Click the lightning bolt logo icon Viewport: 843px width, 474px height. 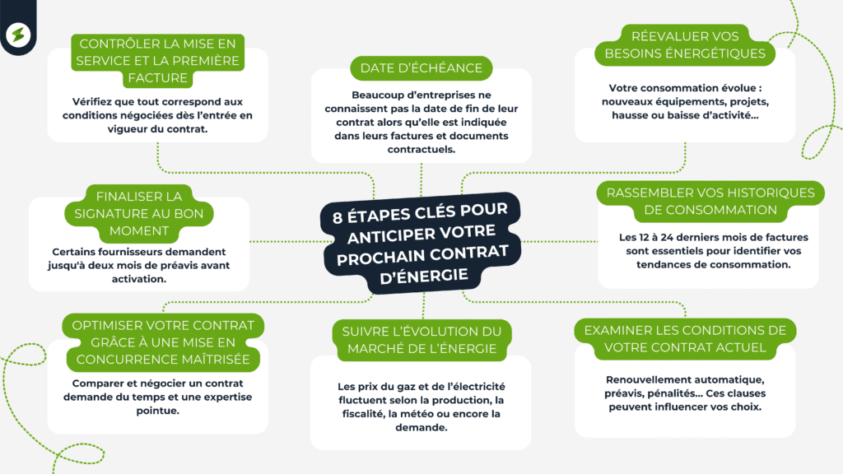tap(16, 35)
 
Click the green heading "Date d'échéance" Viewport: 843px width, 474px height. tap(421, 67)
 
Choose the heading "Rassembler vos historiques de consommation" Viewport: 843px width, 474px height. tap(710, 201)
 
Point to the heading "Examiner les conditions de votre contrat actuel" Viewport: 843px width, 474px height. tap(685, 338)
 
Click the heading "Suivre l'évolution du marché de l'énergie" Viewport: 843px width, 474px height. tap(421, 340)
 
